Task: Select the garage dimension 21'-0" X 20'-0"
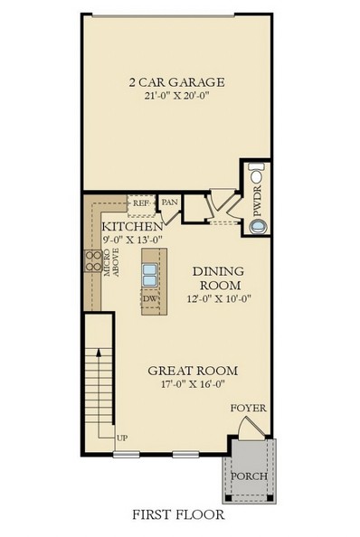[176, 98]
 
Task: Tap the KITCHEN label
[132, 225]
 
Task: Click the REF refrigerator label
[141, 204]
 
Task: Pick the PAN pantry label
[168, 203]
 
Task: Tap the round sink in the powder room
[259, 227]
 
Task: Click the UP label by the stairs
[121, 439]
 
